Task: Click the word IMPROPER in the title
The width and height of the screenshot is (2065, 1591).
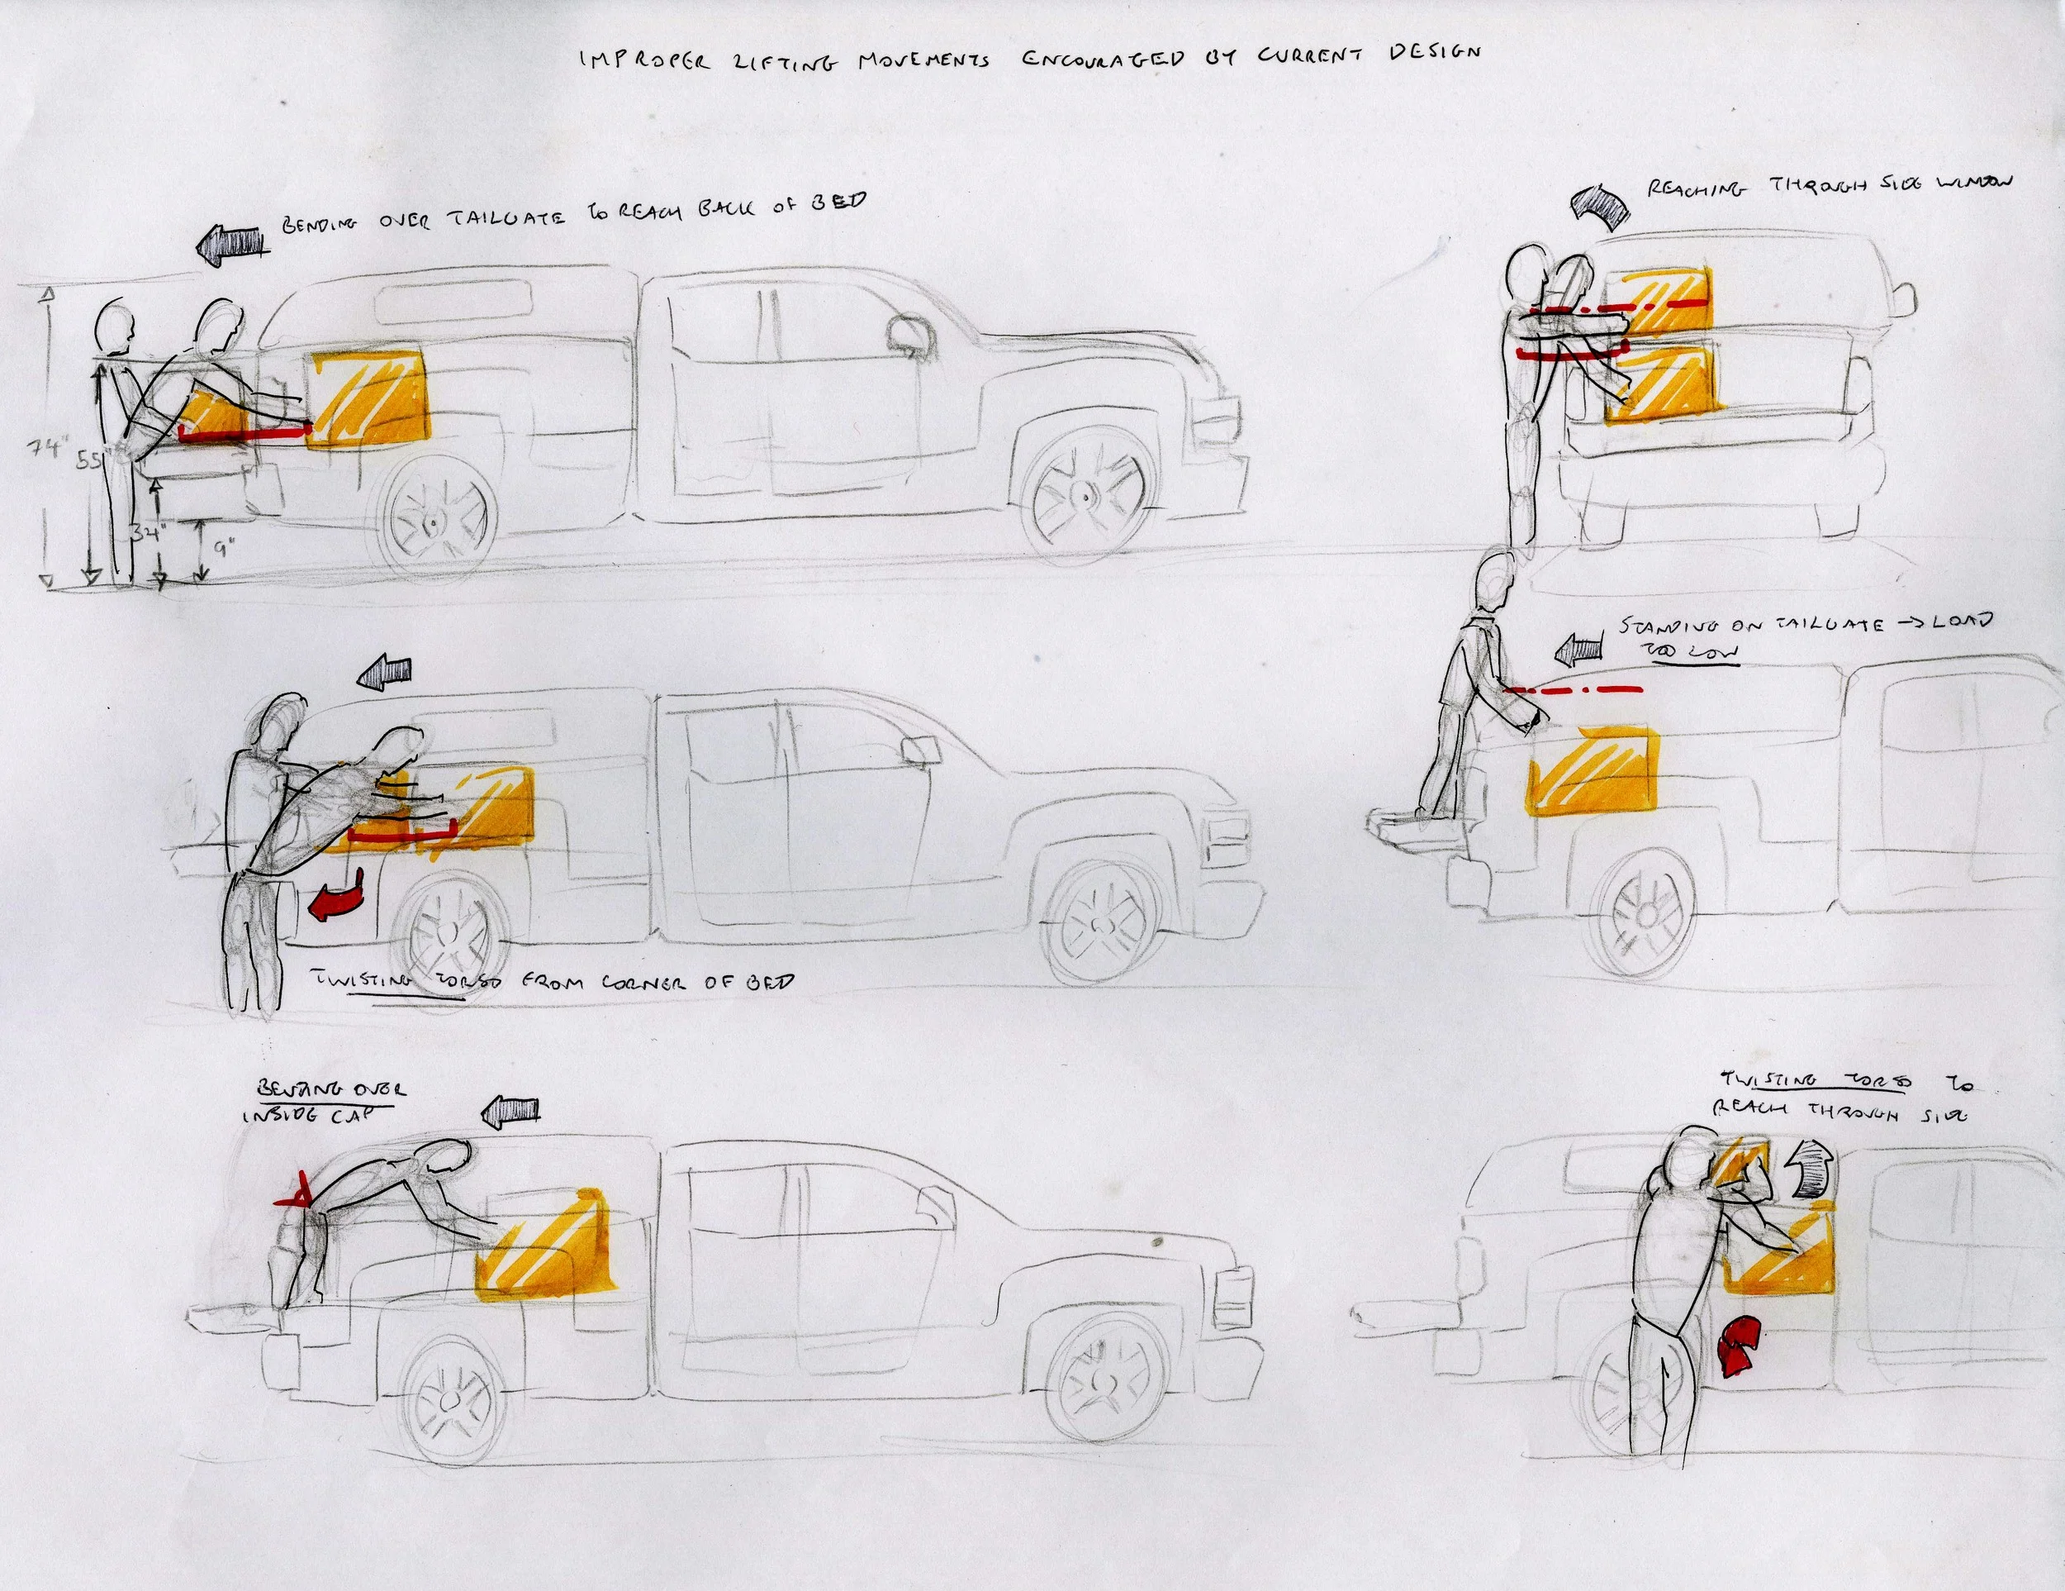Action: click(x=644, y=61)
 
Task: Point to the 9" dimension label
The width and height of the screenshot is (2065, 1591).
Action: click(x=222, y=547)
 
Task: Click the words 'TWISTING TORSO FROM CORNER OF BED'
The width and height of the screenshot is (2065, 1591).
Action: click(x=553, y=981)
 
